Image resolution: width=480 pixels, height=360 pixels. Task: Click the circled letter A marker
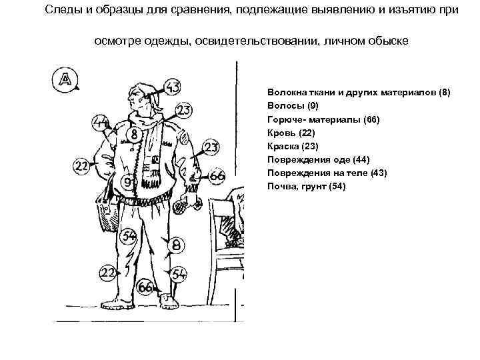click(65, 79)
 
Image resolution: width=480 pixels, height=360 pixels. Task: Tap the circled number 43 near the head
click(172, 86)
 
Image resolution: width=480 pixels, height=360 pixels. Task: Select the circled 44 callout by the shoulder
click(101, 123)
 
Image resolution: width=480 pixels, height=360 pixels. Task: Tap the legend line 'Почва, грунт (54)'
click(306, 186)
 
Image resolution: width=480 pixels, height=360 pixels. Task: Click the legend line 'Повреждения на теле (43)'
click(326, 173)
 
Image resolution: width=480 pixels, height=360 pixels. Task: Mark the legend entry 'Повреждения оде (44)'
click(318, 159)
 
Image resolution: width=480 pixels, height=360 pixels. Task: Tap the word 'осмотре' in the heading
click(115, 41)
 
